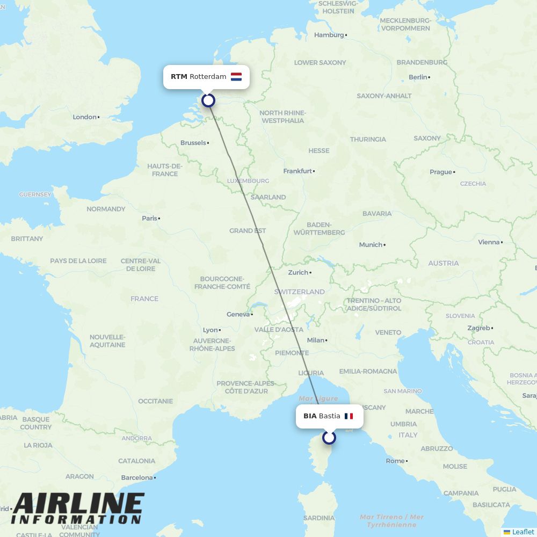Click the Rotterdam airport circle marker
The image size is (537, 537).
[208, 100]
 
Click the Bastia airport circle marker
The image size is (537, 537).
[329, 438]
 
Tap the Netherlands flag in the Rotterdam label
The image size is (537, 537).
[236, 77]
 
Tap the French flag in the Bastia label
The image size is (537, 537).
[349, 416]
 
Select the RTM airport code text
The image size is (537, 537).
[179, 77]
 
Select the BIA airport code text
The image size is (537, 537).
[310, 416]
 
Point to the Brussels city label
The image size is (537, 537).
[193, 143]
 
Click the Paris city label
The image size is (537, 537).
[150, 219]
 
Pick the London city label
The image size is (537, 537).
[85, 117]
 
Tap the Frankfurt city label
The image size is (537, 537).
[297, 171]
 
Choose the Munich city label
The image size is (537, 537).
[371, 245]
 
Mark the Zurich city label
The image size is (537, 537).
[299, 273]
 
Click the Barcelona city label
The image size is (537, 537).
[137, 477]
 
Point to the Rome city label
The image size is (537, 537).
[395, 461]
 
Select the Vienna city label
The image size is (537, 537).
[489, 242]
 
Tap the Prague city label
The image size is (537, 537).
[440, 172]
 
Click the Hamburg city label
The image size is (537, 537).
[329, 35]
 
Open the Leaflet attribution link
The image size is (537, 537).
[523, 532]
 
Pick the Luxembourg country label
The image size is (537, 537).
[248, 181]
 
